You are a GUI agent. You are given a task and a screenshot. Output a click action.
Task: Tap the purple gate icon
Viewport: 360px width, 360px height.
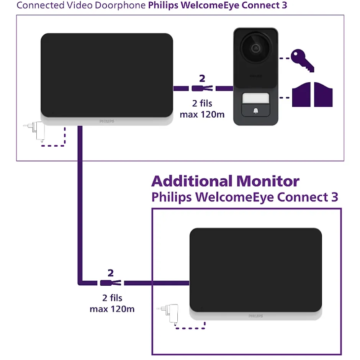[x=312, y=95]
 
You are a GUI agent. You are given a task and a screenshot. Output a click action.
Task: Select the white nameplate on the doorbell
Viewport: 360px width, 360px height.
[x=255, y=98]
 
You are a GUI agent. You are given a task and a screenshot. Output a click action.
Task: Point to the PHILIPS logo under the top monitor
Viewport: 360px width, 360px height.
[x=107, y=121]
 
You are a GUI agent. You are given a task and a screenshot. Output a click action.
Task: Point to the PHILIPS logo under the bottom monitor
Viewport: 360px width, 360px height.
[x=255, y=316]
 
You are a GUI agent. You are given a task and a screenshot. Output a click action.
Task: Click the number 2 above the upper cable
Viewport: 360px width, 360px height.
[x=202, y=79]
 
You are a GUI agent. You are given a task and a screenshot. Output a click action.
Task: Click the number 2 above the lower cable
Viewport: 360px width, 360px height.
[x=111, y=273]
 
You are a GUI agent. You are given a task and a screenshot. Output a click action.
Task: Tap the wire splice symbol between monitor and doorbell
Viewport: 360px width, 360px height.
[x=202, y=89]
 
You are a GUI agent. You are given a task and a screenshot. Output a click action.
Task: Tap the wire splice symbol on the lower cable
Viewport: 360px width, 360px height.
[x=111, y=283]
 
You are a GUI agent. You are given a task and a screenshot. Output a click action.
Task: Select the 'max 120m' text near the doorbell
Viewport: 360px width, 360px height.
[x=202, y=114]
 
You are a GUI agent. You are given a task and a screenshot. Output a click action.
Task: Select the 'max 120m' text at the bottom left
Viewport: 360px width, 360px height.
[x=112, y=309]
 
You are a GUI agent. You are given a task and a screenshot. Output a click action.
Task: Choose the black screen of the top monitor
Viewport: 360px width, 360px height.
[x=107, y=75]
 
